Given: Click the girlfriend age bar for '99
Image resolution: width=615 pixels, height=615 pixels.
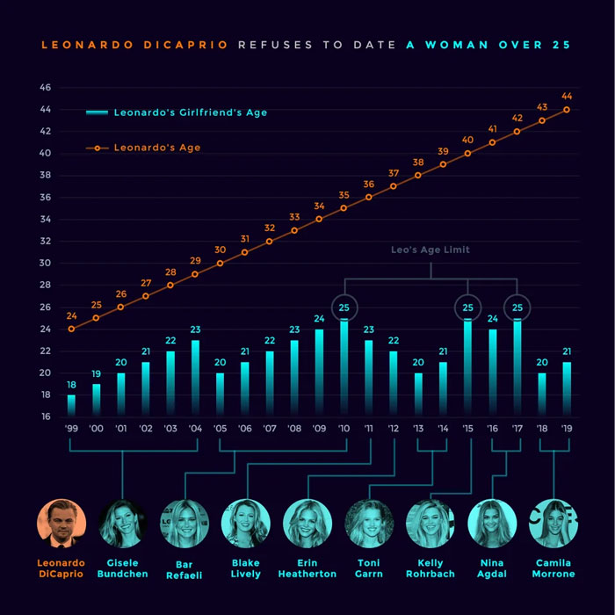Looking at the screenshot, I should (71, 405).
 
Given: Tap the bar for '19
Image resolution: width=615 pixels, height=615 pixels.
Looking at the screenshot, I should (567, 388).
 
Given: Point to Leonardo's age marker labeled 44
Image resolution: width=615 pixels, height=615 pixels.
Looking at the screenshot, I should (567, 110).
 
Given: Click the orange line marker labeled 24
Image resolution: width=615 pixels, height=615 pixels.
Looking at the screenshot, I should (71, 329).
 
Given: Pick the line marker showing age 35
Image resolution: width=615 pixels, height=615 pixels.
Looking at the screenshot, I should (344, 208).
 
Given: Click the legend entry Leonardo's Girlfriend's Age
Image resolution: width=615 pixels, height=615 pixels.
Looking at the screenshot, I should (177, 112).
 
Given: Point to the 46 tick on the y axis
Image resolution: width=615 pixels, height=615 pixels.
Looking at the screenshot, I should (45, 88).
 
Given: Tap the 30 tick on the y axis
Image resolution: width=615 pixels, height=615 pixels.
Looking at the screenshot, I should (45, 263).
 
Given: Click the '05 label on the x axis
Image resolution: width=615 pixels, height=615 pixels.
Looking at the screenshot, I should (220, 430).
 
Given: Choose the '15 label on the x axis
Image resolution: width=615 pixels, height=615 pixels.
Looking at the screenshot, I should (467, 430).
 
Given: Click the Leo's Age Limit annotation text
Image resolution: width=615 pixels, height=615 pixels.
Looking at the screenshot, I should (430, 250).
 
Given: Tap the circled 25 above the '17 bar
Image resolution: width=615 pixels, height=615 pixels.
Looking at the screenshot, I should (517, 307).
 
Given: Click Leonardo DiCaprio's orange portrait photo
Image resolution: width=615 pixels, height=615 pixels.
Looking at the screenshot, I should (61, 524).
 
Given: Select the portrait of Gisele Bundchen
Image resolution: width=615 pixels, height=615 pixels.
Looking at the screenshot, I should (123, 524).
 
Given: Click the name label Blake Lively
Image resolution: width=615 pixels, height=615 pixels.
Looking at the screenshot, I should (246, 568).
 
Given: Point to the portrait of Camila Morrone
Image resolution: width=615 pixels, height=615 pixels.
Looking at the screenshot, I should (553, 524).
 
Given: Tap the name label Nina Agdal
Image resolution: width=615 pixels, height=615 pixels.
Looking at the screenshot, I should (492, 568).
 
